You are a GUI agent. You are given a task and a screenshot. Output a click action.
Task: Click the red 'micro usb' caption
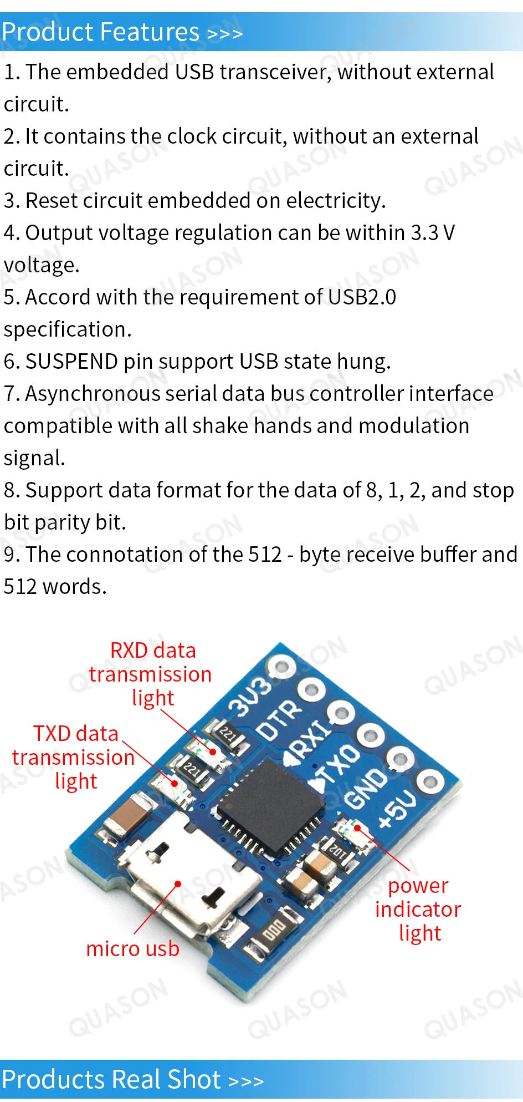coord(132,949)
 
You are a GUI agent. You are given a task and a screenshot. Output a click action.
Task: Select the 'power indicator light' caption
coord(418,910)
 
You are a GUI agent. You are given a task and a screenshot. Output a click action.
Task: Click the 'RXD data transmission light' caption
coord(151,674)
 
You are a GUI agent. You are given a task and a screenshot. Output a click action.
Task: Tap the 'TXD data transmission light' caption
coord(74,757)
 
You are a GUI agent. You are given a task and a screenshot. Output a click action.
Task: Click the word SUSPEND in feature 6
coord(71,362)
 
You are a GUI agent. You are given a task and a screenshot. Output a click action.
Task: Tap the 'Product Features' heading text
coord(100,32)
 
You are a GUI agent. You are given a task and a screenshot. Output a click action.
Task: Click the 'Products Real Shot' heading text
coord(111,1079)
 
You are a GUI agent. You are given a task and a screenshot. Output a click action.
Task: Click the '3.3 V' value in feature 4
coord(433,233)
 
